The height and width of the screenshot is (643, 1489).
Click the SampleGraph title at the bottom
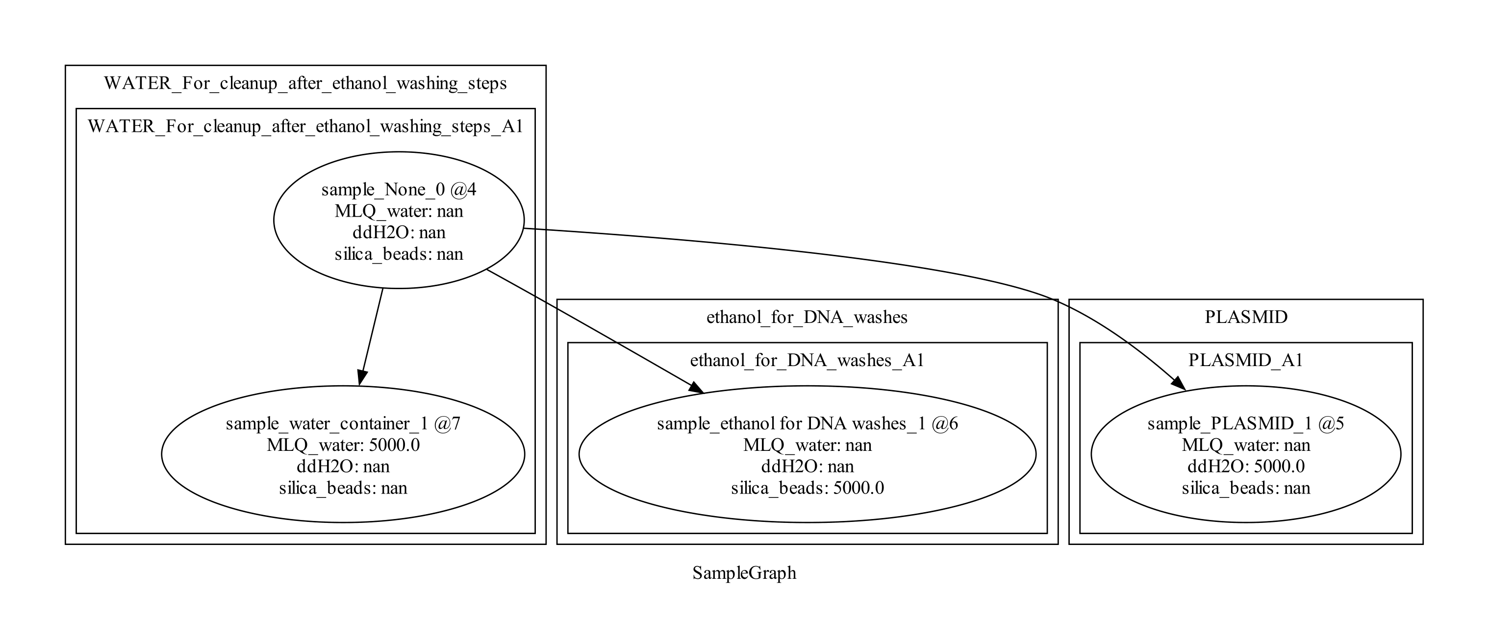pos(744,573)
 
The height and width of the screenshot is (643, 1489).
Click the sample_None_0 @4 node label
pos(398,190)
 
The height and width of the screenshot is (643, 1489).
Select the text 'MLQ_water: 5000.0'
pos(343,445)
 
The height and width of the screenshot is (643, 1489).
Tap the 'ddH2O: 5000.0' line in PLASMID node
pos(1246,466)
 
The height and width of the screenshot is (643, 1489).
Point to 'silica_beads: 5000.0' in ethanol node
pos(807,488)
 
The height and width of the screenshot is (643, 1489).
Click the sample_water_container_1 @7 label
pos(343,423)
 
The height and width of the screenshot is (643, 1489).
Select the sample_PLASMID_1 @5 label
pos(1246,423)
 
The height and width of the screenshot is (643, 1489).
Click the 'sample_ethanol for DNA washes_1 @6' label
pos(807,423)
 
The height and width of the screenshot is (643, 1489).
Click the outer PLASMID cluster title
pos(1246,317)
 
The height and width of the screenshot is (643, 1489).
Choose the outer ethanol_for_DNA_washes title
pos(807,317)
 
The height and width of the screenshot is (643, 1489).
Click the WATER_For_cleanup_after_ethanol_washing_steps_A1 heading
pos(305,126)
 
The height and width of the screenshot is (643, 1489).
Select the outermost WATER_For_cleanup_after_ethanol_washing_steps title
pos(305,83)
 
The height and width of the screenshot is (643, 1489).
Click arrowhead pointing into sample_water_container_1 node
pos(361,378)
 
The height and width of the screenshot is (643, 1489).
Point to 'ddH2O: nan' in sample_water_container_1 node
pos(343,466)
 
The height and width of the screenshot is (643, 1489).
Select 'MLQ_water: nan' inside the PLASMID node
pos(1246,445)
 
